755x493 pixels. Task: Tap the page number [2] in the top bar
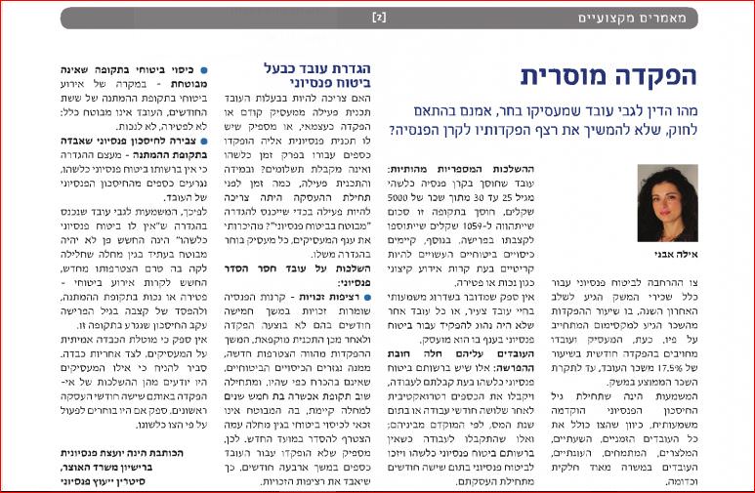(x=380, y=18)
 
